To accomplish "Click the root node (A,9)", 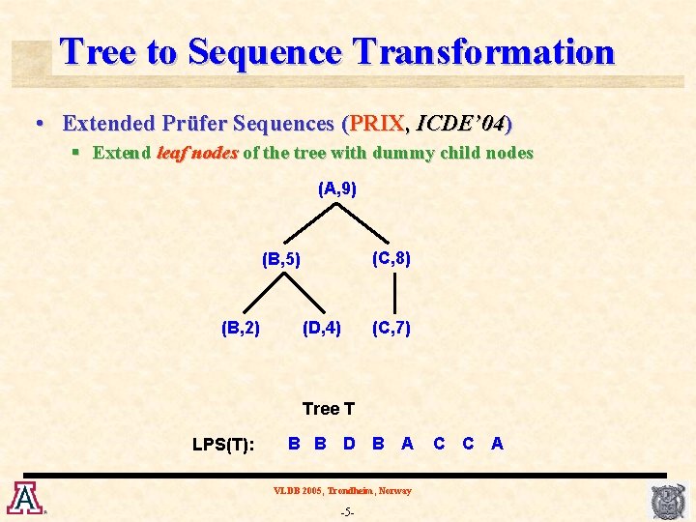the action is click(x=337, y=189).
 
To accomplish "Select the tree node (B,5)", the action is click(x=281, y=259).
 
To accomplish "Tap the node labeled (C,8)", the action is click(x=391, y=258).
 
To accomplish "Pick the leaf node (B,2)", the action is click(x=241, y=328).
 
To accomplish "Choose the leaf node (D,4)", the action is click(x=322, y=328).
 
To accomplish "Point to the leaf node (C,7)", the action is click(x=391, y=328).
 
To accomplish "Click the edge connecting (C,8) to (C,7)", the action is click(x=394, y=293).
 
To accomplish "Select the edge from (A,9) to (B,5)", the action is click(x=310, y=223).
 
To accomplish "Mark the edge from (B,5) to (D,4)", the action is click(x=304, y=293).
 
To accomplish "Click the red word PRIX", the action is click(x=376, y=123).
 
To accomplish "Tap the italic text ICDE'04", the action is click(x=460, y=123).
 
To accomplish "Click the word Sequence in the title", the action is click(x=265, y=52).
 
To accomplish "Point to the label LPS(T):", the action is click(x=223, y=444).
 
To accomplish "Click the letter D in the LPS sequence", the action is click(x=349, y=443).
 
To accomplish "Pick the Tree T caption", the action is click(x=329, y=409).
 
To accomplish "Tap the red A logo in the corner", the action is click(x=27, y=498).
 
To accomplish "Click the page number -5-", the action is click(x=348, y=512).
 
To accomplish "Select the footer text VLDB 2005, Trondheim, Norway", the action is click(x=342, y=490).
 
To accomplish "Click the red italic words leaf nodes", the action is click(x=197, y=153).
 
